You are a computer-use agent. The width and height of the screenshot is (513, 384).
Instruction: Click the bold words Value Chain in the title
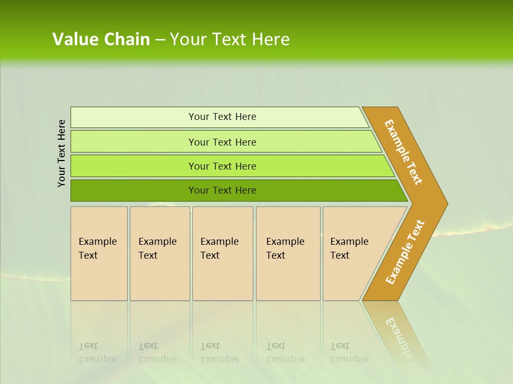click(101, 39)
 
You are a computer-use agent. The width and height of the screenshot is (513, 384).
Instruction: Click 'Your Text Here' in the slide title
click(230, 39)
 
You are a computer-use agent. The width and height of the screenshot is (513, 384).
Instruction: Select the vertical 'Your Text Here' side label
click(61, 153)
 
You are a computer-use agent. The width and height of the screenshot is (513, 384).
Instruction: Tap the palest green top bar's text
click(222, 117)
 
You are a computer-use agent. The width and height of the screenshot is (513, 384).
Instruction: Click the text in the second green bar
click(222, 142)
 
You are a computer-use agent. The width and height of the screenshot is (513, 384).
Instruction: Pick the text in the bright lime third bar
click(222, 166)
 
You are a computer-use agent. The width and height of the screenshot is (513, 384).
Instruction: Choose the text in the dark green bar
click(222, 190)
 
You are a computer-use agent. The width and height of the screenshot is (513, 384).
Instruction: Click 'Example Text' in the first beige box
click(97, 249)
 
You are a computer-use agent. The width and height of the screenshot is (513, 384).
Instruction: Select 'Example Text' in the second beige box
click(157, 249)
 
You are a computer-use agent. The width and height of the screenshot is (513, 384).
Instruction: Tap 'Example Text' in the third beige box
click(219, 249)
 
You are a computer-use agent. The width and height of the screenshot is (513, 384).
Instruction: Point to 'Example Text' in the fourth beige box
click(285, 249)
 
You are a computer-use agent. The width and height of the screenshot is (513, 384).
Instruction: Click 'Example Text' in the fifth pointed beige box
click(349, 249)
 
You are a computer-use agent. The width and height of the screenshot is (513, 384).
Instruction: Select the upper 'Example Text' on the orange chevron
click(403, 152)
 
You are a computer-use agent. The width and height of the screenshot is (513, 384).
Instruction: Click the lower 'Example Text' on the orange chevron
click(405, 252)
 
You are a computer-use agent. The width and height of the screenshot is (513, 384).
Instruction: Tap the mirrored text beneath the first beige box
click(97, 353)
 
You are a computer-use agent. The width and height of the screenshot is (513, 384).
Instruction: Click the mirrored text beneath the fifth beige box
click(349, 353)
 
